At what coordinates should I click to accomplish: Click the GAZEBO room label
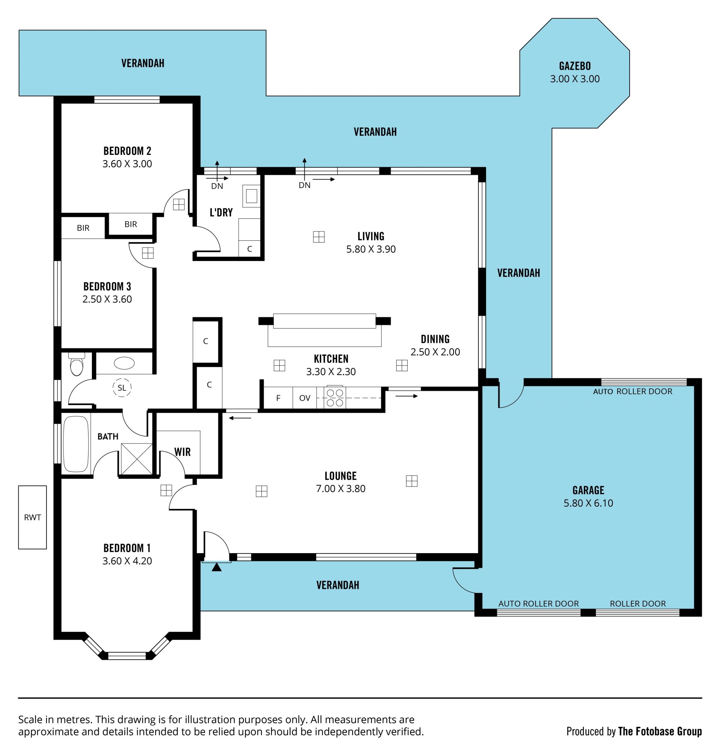click(574, 66)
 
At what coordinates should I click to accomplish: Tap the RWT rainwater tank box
click(33, 517)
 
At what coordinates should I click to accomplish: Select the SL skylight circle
click(122, 388)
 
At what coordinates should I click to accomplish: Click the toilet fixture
click(77, 364)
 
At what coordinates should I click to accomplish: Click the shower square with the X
click(136, 459)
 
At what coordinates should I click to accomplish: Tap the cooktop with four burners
click(334, 398)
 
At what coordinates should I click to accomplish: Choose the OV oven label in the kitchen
click(305, 398)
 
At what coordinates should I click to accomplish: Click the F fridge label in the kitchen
click(278, 398)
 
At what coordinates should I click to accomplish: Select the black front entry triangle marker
click(217, 567)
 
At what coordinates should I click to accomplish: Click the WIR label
click(182, 452)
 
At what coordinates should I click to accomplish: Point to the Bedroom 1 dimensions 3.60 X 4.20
click(127, 561)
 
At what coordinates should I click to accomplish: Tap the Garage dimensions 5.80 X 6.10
click(588, 503)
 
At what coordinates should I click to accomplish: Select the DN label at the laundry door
click(217, 186)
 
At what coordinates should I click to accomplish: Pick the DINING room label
click(435, 339)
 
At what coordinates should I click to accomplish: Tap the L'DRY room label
click(221, 212)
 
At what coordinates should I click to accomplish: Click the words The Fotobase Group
click(660, 732)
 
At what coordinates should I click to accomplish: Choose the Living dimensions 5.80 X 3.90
click(371, 249)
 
